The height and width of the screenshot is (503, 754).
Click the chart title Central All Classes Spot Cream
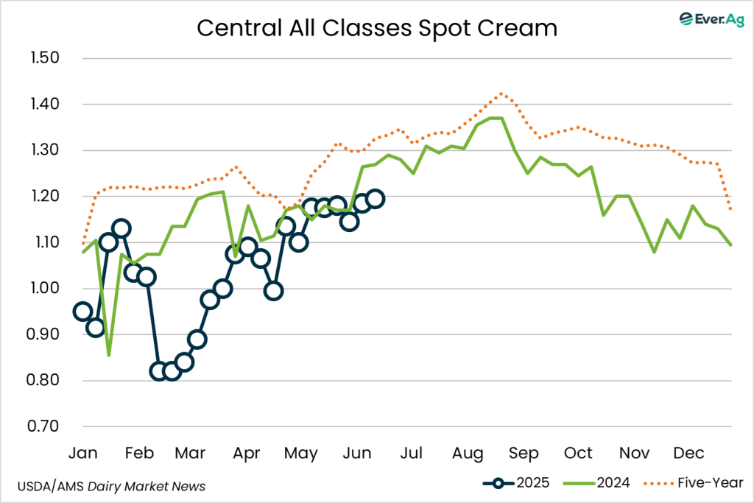click(x=376, y=28)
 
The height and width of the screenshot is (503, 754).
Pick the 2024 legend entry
click(x=596, y=483)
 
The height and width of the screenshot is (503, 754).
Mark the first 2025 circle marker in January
click(x=83, y=312)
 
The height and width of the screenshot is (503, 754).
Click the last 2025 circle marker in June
click(x=375, y=198)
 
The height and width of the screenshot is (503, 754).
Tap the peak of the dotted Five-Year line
click(x=501, y=94)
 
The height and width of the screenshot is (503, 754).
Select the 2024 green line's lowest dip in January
click(x=109, y=356)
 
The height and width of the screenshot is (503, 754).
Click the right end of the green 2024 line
click(x=730, y=245)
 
